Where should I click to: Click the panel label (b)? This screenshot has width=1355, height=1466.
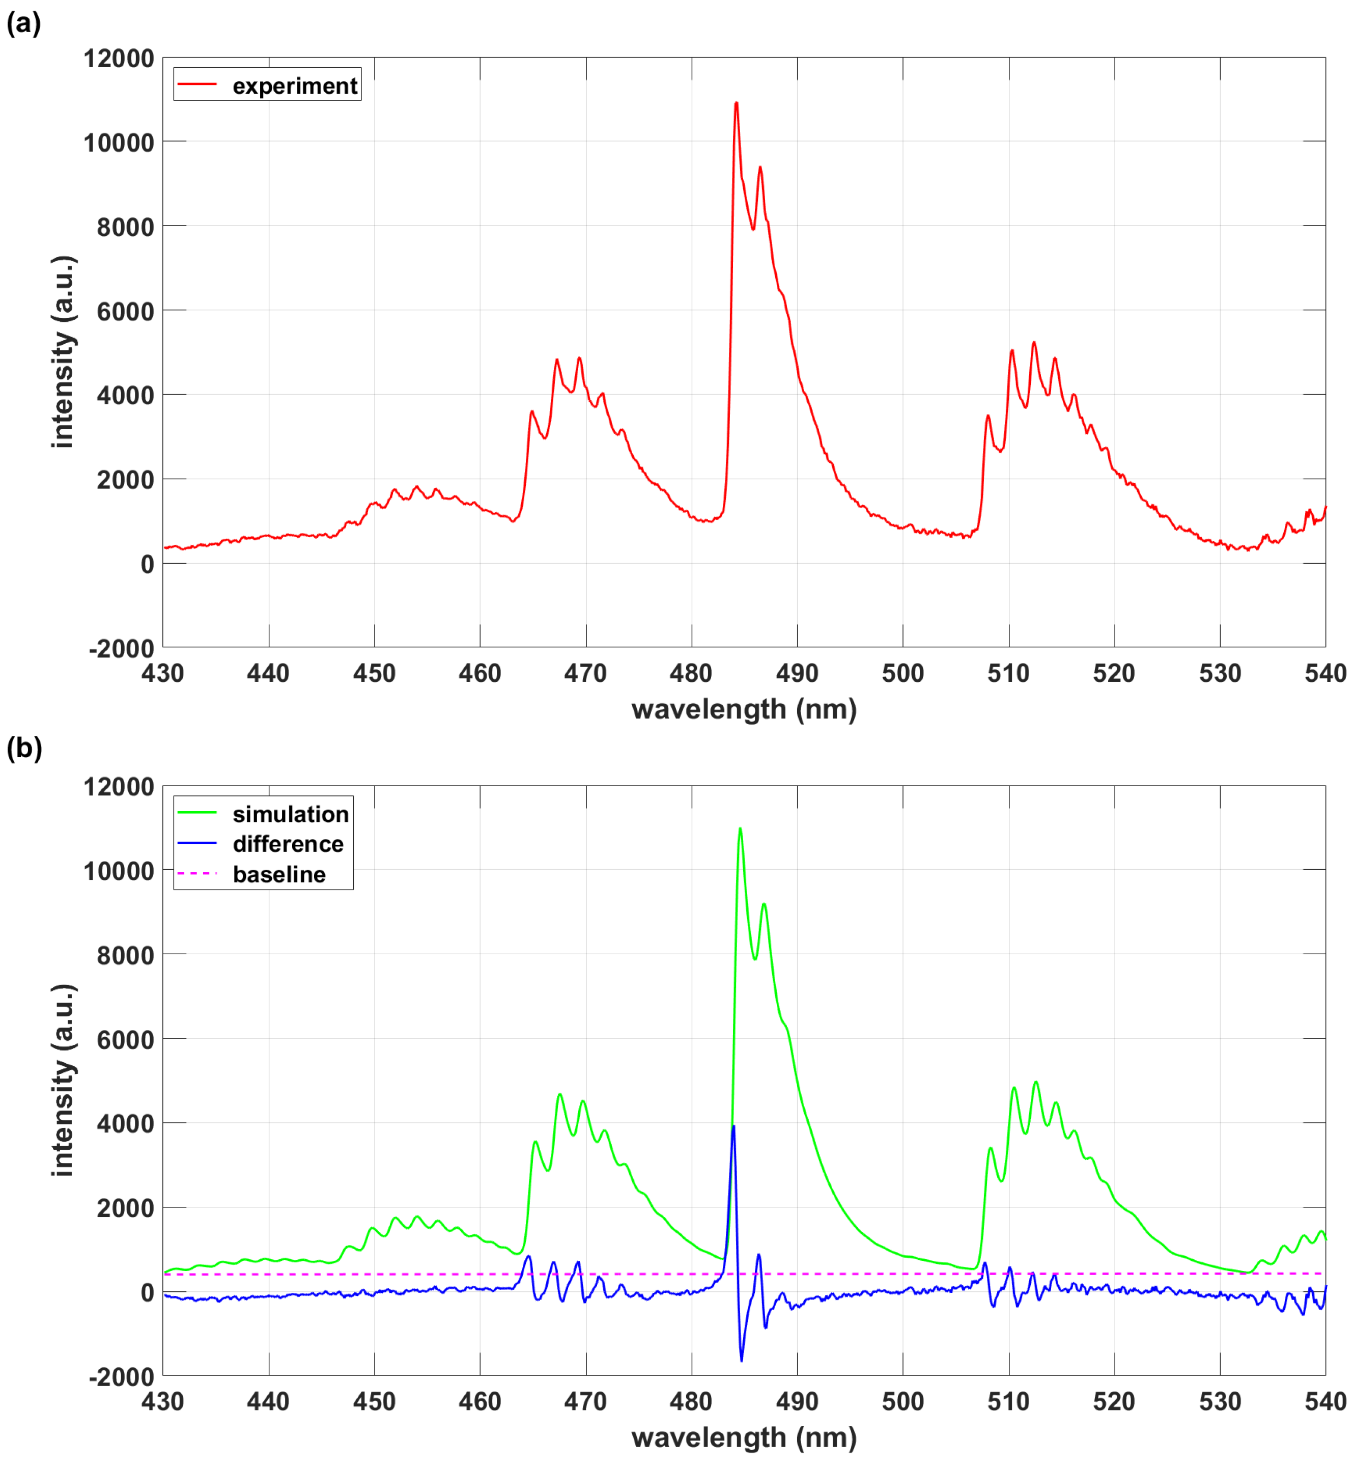coord(23,748)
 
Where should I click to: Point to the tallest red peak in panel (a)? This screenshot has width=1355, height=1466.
coord(736,103)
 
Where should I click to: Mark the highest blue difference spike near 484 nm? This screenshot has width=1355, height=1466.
coord(733,1126)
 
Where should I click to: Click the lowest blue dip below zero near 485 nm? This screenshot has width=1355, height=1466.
coord(741,1361)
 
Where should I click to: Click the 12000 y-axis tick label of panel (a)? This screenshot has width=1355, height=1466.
coord(118,59)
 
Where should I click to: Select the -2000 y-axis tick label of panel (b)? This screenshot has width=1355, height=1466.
coord(121,1377)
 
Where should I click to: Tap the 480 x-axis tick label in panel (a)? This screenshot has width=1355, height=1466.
coord(691,673)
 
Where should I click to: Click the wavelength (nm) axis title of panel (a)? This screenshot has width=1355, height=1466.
coord(744,709)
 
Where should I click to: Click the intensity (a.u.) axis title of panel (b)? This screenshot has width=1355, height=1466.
coord(63,1081)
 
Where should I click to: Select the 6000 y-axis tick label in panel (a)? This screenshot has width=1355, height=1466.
coord(125,312)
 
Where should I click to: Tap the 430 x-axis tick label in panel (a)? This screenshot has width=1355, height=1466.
coord(163,673)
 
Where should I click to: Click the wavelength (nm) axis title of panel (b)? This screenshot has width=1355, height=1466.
coord(744,1437)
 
